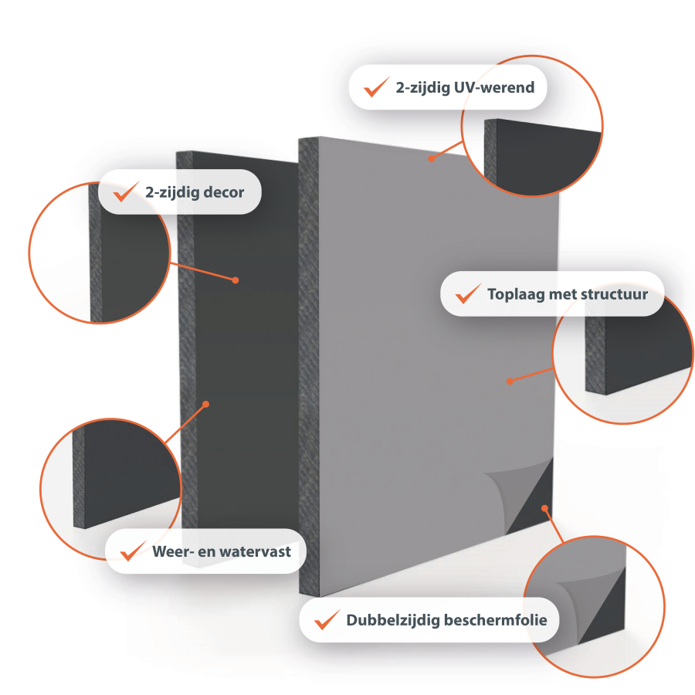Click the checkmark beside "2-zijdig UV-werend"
377,86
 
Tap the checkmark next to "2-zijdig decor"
127,192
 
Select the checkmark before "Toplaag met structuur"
469,293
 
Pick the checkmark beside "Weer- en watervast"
134,551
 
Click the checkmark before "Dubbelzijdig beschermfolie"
327,619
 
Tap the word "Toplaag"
516,295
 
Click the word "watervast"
256,552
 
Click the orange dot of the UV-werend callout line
431,158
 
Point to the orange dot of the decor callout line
236,280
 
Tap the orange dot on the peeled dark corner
544,508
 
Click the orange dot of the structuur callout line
510,381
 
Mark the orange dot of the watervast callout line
205,404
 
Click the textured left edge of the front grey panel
309,367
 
